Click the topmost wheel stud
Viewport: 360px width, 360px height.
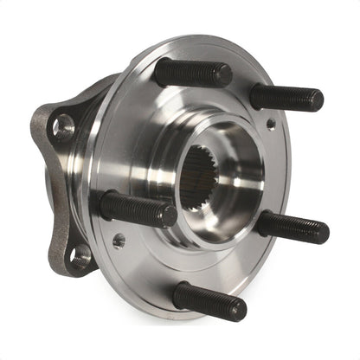click(192, 74)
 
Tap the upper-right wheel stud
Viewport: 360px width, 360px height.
click(286, 97)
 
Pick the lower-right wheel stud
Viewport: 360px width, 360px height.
click(292, 228)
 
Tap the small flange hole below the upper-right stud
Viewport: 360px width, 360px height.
click(271, 125)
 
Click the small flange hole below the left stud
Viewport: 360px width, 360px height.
click(119, 240)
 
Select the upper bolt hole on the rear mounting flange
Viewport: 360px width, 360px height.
click(63, 128)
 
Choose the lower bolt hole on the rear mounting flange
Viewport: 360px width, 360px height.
click(80, 255)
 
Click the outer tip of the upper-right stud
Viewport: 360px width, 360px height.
click(317, 101)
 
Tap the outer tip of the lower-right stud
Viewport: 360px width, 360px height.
click(323, 232)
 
